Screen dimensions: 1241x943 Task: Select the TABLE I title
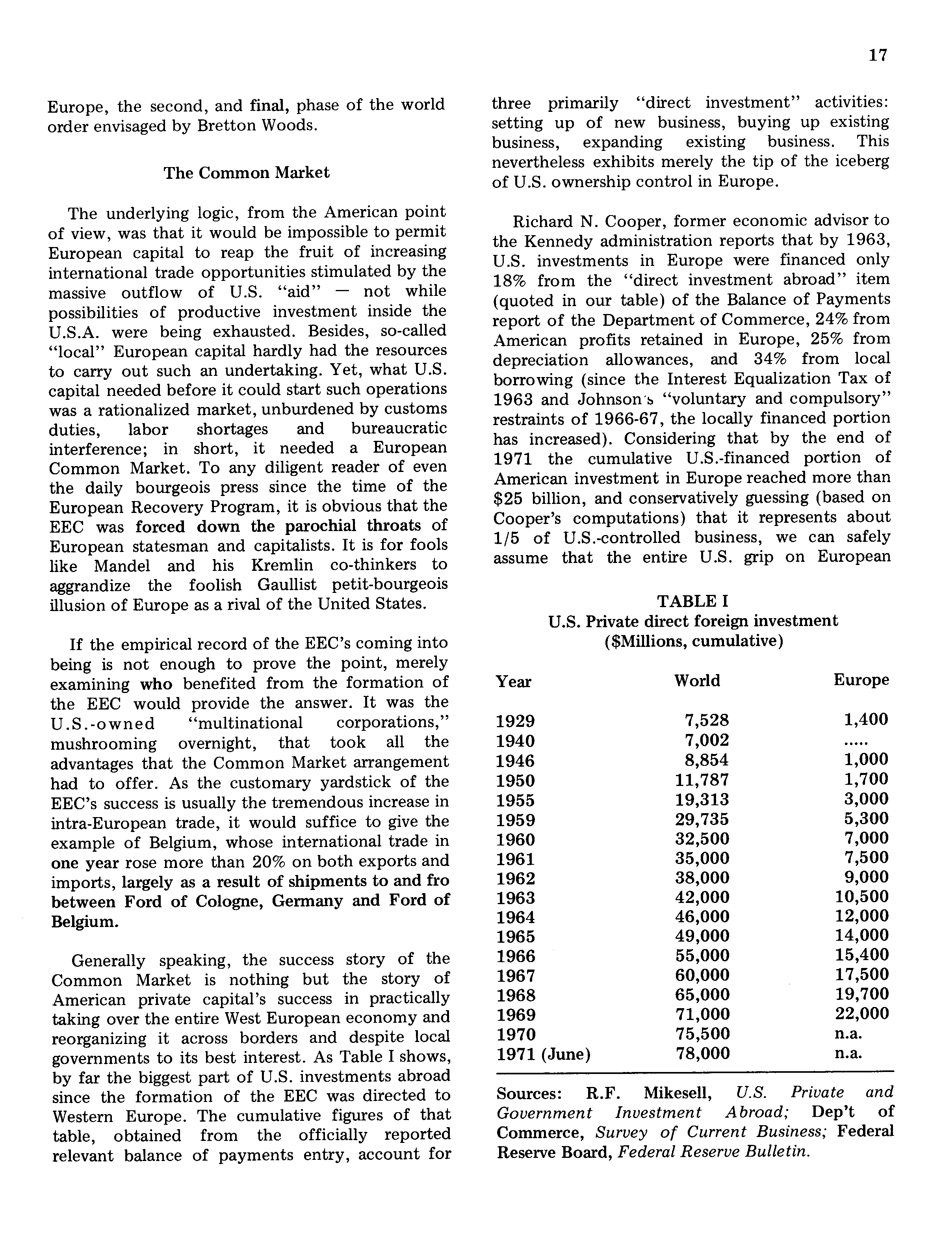pos(692,601)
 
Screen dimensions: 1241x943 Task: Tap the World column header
pos(696,681)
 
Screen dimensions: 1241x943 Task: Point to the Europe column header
pos(861,680)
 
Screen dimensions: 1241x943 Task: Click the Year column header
pos(513,682)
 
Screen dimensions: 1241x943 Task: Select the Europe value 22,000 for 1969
pos(861,1013)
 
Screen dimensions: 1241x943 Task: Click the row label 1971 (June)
pos(543,1055)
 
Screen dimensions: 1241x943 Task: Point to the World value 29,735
pos(702,819)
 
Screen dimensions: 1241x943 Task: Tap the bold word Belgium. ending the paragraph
pos(84,922)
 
